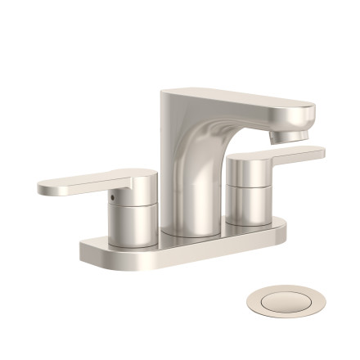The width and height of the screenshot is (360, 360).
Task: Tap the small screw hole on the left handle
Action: (113, 197)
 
